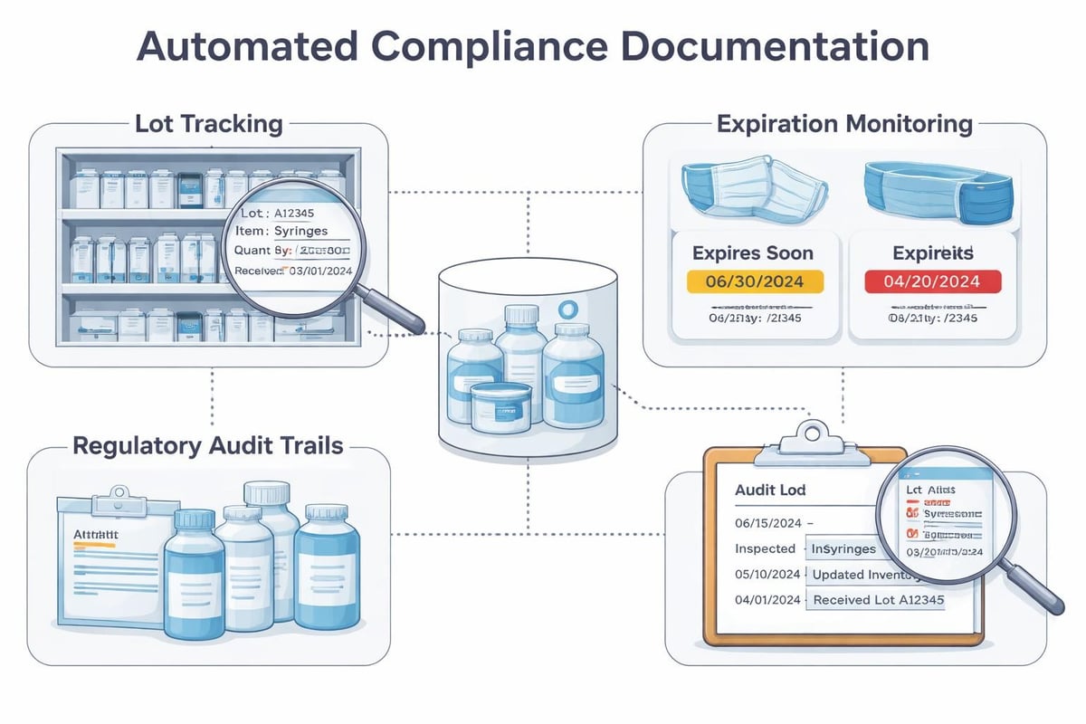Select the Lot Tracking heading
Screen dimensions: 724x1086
[x=208, y=124]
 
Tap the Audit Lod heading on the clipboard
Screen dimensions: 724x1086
[x=769, y=490]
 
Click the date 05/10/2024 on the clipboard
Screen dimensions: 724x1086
[x=767, y=574]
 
